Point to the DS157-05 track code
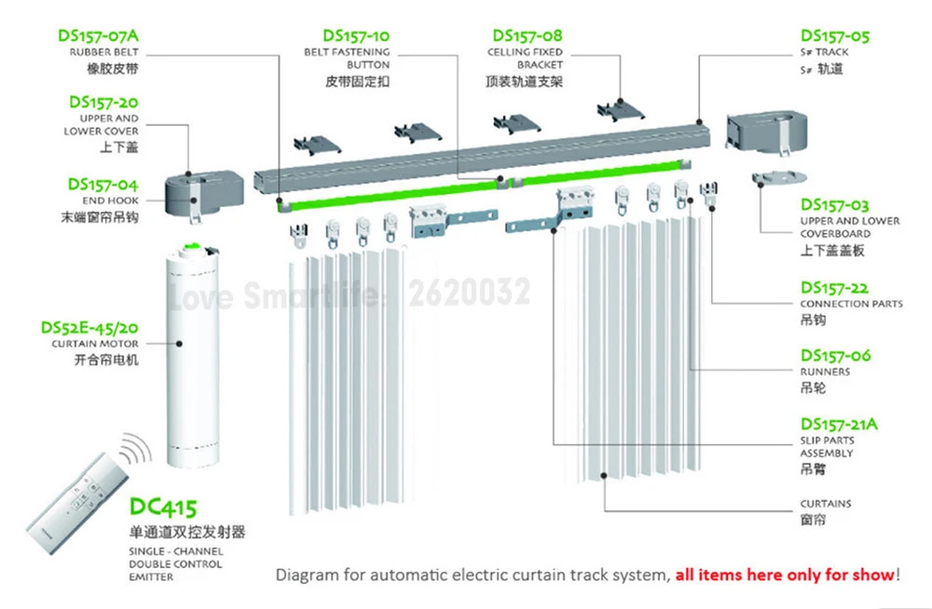[x=834, y=36]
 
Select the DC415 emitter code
[x=163, y=508]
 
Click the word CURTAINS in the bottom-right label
[x=825, y=504]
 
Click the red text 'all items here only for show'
[x=784, y=575]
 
